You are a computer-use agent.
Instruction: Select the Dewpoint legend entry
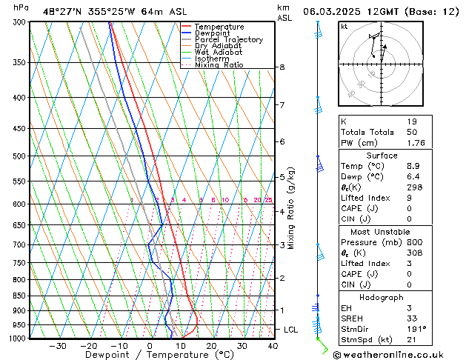(x=214, y=33)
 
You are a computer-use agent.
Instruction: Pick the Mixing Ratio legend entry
(x=219, y=65)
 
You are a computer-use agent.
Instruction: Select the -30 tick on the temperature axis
(x=58, y=346)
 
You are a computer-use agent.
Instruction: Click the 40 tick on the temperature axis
(x=273, y=346)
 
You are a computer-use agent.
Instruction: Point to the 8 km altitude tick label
(x=282, y=67)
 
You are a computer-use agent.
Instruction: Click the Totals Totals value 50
(x=412, y=132)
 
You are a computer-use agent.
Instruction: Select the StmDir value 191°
(x=417, y=329)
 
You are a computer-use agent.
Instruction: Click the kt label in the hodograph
(x=344, y=26)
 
